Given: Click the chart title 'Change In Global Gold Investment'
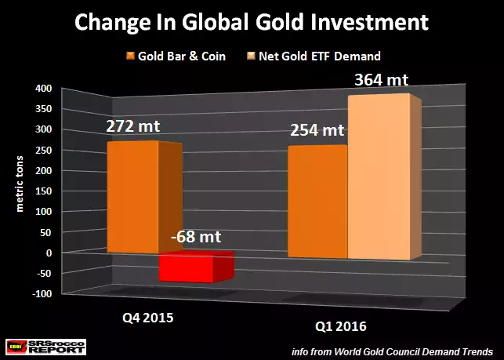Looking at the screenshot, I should [x=252, y=23].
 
